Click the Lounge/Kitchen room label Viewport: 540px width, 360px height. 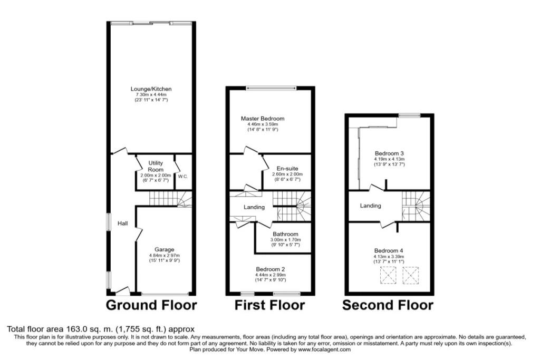click(151, 89)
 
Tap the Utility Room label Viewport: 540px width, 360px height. click(156, 166)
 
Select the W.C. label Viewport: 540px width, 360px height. click(183, 177)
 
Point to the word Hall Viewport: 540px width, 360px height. click(122, 223)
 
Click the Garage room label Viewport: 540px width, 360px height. click(165, 249)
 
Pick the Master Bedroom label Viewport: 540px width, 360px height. click(263, 119)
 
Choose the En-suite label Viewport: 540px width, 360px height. click(287, 169)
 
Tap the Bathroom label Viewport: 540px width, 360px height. click(285, 234)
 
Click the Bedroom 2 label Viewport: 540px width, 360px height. click(271, 269)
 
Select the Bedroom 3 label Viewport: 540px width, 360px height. click(390, 153)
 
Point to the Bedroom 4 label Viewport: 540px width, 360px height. click(389, 251)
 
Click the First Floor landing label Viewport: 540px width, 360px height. click(254, 207)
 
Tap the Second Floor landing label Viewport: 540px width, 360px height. click(371, 206)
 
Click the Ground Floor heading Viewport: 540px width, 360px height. click(151, 305)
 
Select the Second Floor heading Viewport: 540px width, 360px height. click(388, 305)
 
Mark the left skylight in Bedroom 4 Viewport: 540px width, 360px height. click(388, 275)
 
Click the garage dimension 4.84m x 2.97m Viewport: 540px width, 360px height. click(165, 255)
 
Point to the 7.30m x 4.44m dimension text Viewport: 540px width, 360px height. click(151, 95)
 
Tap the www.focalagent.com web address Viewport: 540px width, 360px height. click(324, 349)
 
